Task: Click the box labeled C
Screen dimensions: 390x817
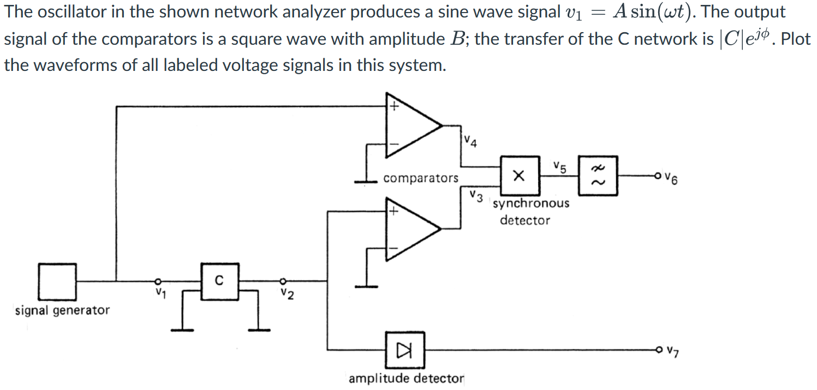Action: (219, 282)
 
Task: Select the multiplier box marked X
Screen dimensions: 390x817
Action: (520, 176)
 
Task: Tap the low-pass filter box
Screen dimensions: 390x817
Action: (598, 176)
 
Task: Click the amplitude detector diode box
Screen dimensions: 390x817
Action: (405, 350)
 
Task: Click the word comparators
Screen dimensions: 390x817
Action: (421, 178)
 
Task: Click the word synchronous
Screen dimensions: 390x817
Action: (530, 203)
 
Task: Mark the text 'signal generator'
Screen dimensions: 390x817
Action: (62, 310)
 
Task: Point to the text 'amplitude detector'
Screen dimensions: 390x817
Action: (406, 378)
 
